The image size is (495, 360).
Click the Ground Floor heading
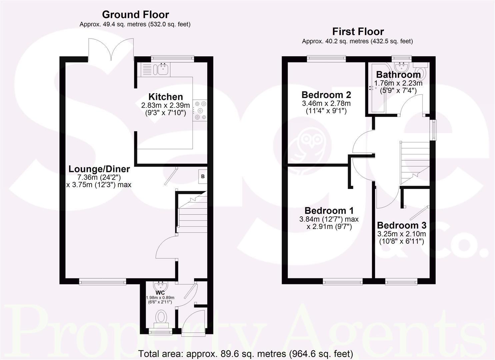[135, 15]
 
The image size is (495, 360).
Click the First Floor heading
[358, 32]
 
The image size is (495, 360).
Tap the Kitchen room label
[165, 97]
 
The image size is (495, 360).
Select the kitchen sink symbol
[163, 69]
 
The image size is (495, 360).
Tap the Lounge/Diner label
[99, 169]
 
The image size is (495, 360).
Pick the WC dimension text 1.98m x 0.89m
[160, 298]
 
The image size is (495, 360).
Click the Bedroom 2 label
[326, 95]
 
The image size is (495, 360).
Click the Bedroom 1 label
[329, 211]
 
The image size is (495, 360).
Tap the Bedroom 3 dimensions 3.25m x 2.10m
[401, 234]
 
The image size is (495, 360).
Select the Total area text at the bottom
[245, 354]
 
